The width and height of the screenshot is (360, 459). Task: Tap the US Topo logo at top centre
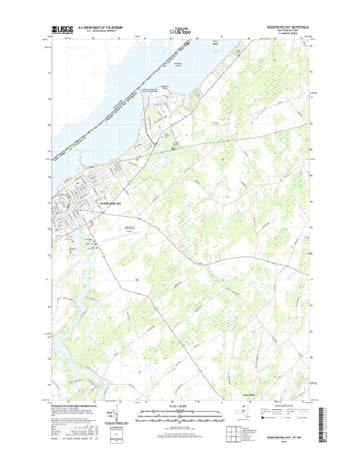(x=180, y=31)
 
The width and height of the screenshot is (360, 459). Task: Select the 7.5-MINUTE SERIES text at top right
(x=297, y=34)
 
